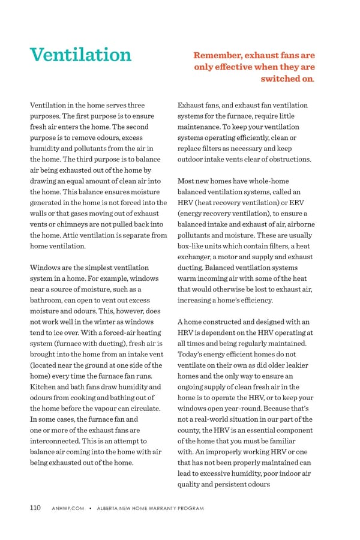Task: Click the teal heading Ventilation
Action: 80,55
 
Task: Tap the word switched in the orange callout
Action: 280,79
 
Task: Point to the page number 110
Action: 35,508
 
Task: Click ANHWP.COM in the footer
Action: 67,509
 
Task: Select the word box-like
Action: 191,245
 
